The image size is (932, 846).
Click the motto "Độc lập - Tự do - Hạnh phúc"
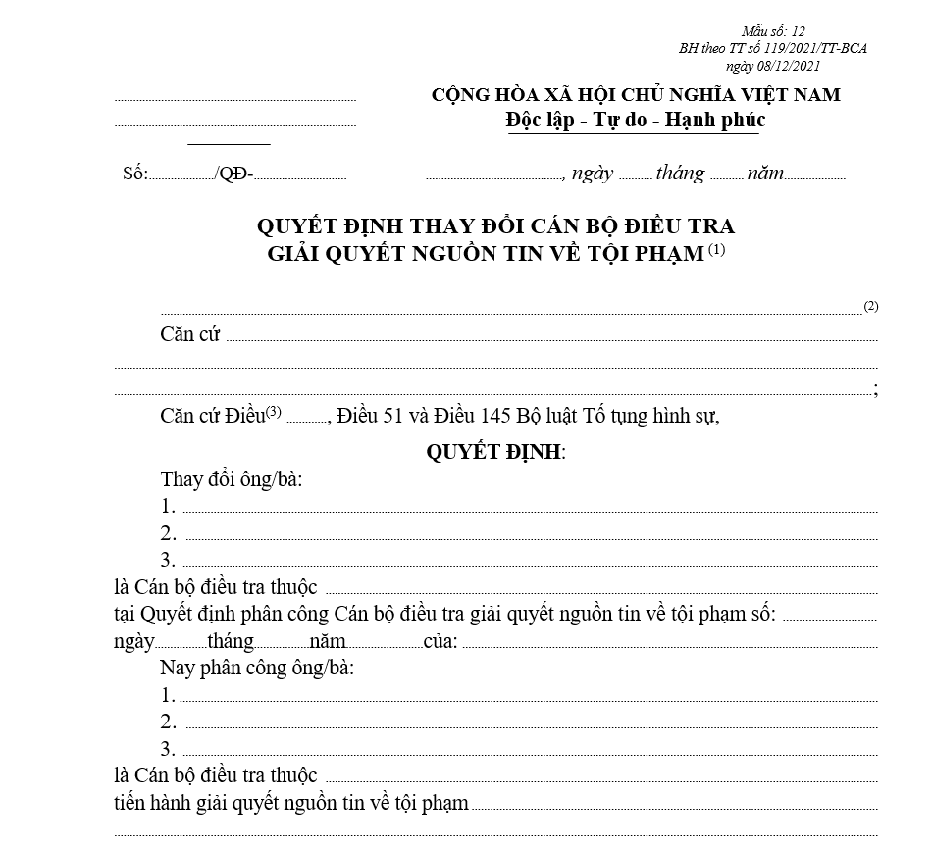point(635,121)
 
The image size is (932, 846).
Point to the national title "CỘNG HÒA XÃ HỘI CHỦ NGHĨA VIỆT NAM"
point(636,95)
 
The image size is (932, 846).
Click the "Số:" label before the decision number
point(135,174)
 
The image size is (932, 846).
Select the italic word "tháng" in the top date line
point(681,174)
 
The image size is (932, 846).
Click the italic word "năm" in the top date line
point(765,174)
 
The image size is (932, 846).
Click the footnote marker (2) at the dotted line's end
point(870,306)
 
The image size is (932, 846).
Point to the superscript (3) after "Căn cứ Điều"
point(274,411)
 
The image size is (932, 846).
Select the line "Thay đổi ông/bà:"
point(232,480)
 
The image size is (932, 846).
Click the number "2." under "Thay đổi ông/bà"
point(169,534)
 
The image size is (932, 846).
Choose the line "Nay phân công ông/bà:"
point(256,669)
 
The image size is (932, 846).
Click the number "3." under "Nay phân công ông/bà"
point(169,750)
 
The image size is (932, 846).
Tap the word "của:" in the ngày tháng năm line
point(440,642)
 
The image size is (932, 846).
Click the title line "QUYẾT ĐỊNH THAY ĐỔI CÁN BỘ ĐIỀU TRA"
point(495,225)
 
